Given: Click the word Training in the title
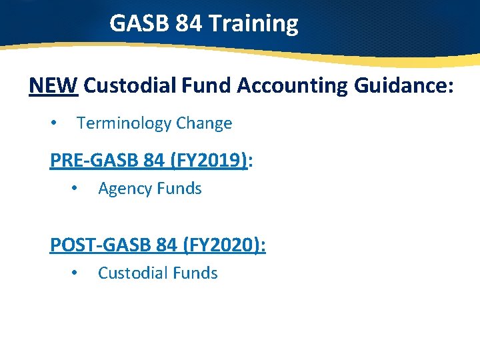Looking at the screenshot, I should [x=253, y=24].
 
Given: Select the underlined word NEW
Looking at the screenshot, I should [x=54, y=86].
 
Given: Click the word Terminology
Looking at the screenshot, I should [x=124, y=123].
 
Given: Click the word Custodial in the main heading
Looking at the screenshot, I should [x=133, y=86].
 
